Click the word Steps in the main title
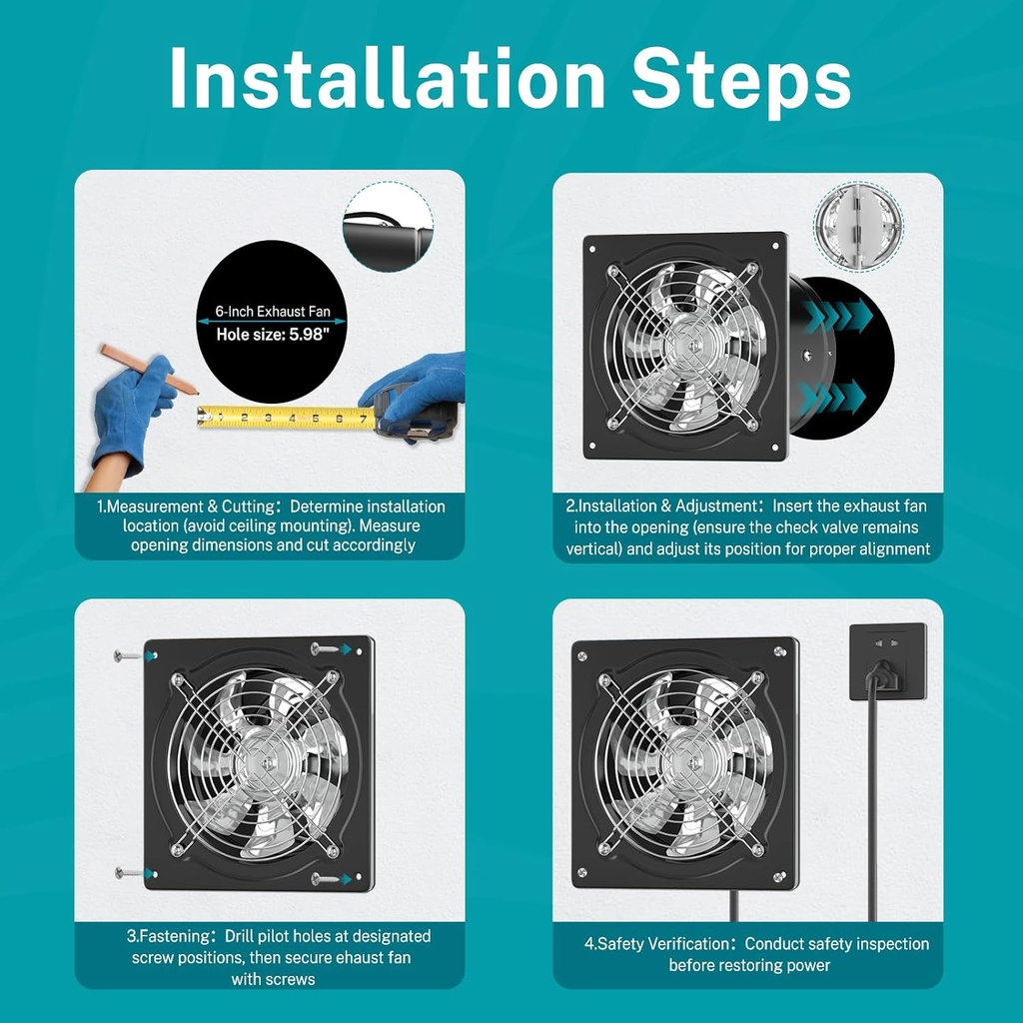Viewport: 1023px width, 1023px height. [x=741, y=82]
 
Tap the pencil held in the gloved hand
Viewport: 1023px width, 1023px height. [x=149, y=370]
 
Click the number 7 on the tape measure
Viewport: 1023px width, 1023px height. [x=363, y=419]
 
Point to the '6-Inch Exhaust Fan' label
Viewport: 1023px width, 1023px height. [x=273, y=312]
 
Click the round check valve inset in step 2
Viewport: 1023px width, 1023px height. [x=858, y=226]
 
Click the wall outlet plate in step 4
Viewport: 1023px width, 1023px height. [x=888, y=661]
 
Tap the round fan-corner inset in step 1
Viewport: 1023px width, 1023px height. [x=389, y=227]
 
